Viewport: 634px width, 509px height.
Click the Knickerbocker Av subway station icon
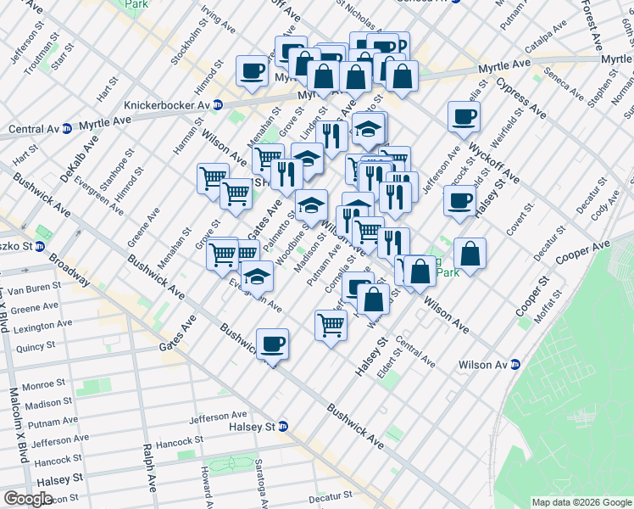tap(217, 105)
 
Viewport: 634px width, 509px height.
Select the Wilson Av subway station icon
tap(514, 365)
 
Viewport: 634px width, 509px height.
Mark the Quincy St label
tap(35, 346)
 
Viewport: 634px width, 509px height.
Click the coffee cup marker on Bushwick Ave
tap(272, 344)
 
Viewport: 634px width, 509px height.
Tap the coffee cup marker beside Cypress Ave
tap(464, 117)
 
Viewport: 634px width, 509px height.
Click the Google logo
tap(28, 499)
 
